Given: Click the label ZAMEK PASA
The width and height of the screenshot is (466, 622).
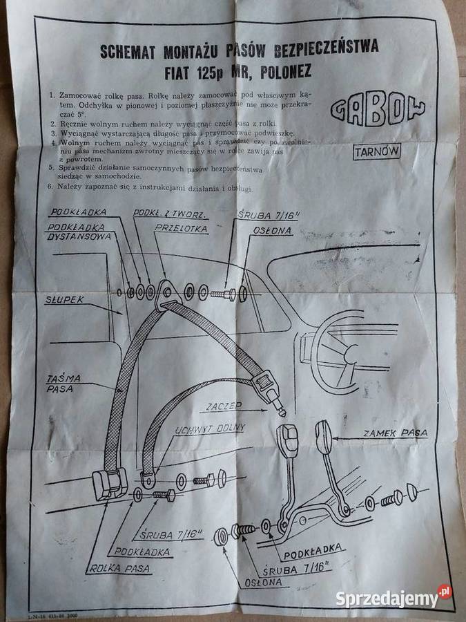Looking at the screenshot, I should [394, 433].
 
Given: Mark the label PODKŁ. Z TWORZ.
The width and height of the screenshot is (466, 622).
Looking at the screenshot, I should [164, 213].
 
